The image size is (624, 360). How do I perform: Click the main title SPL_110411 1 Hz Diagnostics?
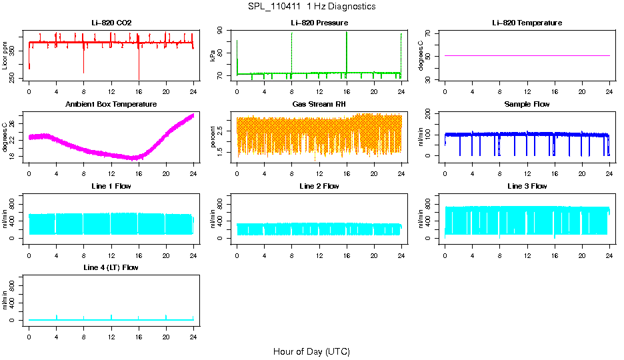(311, 7)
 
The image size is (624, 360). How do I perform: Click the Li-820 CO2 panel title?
(111, 23)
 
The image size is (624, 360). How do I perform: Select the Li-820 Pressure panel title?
(319, 23)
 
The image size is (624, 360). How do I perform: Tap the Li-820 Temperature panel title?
(527, 23)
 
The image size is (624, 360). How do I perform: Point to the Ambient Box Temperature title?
(111, 105)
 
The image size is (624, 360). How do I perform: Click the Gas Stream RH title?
(319, 105)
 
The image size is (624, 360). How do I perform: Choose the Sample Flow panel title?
(527, 105)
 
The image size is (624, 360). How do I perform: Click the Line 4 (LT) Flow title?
(111, 267)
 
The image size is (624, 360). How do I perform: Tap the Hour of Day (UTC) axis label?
(311, 351)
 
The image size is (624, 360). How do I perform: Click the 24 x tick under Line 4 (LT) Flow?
(193, 331)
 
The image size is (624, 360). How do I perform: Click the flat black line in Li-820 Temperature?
(527, 56)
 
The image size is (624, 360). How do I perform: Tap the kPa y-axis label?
(213, 56)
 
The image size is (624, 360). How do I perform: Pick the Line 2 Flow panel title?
(319, 186)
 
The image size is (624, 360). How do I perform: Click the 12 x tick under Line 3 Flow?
(527, 250)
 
